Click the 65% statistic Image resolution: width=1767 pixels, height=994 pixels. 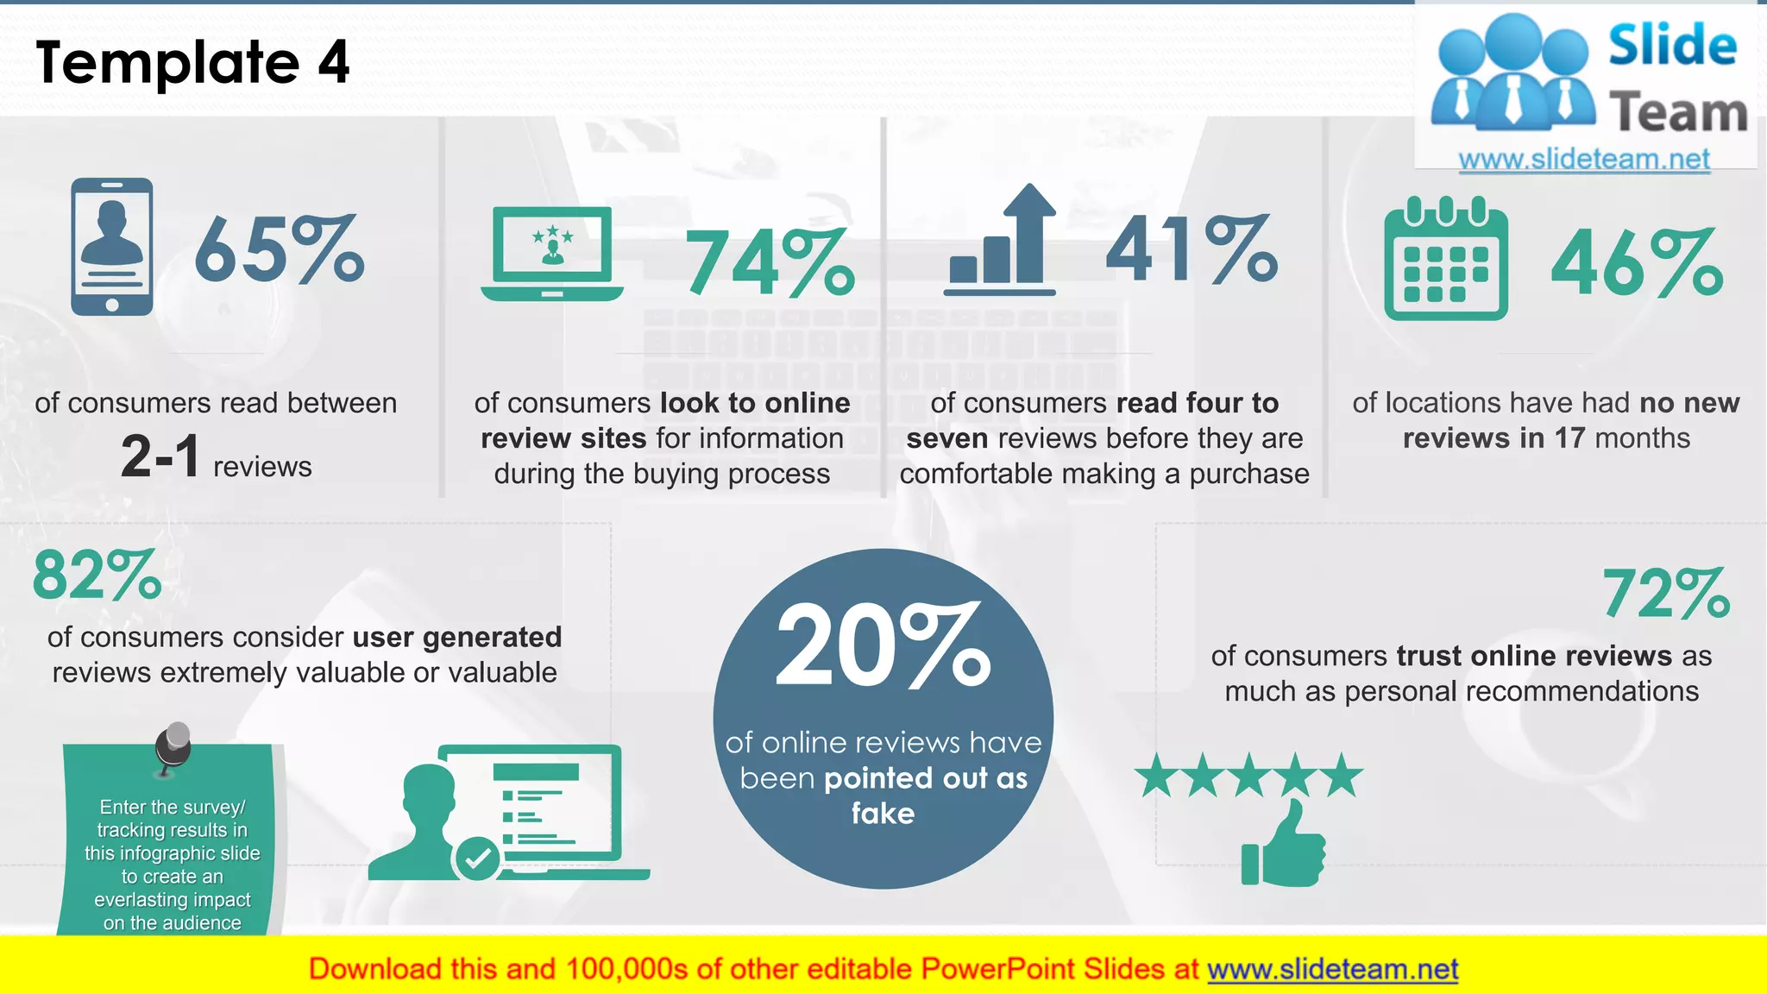(279, 250)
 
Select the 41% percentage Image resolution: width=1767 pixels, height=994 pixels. (1192, 250)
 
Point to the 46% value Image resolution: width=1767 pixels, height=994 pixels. (1637, 263)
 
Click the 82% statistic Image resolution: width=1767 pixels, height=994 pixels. (97, 576)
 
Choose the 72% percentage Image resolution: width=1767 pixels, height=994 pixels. (1666, 595)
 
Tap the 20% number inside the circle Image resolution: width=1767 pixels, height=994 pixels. (883, 646)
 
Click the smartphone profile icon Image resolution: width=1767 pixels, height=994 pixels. (112, 247)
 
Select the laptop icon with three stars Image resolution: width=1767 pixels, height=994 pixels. (552, 254)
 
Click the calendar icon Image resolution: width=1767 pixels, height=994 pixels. (1446, 259)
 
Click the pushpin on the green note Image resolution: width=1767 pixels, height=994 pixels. (174, 747)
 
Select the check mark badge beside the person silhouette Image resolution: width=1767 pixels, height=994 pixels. (477, 858)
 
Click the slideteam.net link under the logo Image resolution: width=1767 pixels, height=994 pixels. (1584, 160)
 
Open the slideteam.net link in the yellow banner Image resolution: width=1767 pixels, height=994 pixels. (1332, 970)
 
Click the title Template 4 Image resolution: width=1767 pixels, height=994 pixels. (193, 62)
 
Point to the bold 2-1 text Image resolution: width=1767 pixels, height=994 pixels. (160, 456)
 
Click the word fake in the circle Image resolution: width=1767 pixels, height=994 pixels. (883, 814)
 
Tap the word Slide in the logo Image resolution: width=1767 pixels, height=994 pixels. (1672, 46)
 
